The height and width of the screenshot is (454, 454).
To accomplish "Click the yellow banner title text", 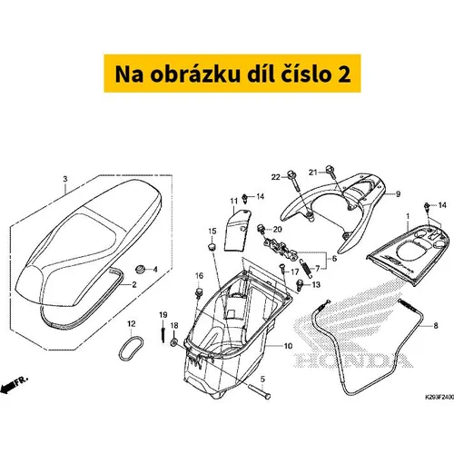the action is [x=232, y=74].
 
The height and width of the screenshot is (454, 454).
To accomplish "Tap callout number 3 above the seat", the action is [x=65, y=179].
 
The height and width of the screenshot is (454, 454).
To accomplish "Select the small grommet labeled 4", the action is [x=140, y=269].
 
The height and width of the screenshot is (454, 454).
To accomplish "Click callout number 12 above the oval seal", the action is [x=131, y=324].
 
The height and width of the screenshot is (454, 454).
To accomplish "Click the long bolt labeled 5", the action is [x=260, y=391].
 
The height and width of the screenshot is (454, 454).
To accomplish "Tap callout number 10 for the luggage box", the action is [x=288, y=346].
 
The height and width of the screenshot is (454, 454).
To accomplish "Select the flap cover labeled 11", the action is [x=237, y=230].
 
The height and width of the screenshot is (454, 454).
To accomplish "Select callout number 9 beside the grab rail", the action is [x=398, y=194].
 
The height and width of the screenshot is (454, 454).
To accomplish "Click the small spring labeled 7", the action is [x=306, y=269].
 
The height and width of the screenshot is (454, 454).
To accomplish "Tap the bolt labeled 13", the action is [x=300, y=285].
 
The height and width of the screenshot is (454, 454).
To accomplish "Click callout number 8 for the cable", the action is [x=436, y=326].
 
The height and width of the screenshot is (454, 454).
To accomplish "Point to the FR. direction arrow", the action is [x=14, y=386].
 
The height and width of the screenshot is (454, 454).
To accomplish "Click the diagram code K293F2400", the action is [x=439, y=396].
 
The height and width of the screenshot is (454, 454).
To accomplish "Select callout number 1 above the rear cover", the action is [x=408, y=216].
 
